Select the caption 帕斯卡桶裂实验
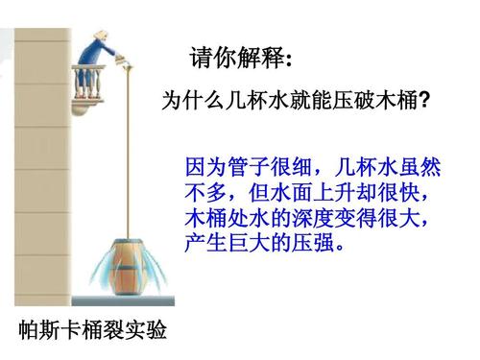tap(93, 331)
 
